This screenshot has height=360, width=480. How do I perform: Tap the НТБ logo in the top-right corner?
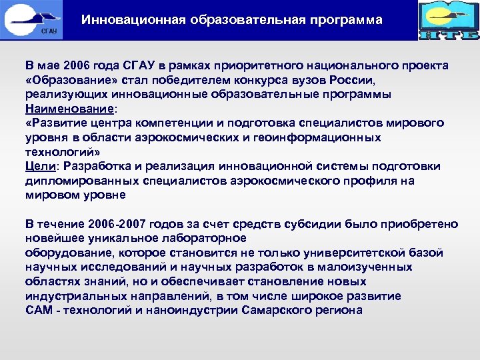[448, 21]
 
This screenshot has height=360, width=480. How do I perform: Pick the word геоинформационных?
[319, 137]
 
